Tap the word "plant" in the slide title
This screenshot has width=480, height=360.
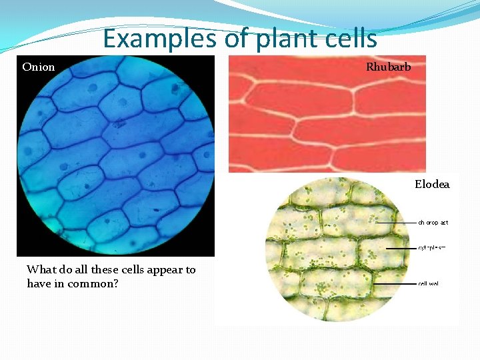(283, 39)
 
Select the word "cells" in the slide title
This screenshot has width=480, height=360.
(351, 39)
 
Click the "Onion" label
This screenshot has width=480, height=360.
(39, 67)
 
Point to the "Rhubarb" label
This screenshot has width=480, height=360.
(388, 67)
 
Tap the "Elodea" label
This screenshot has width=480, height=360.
(432, 184)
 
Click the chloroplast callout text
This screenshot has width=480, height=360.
(433, 223)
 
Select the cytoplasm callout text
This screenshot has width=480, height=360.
(432, 247)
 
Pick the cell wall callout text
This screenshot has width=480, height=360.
(429, 283)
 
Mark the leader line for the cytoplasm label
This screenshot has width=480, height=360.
(400, 248)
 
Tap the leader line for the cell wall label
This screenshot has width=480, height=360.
(393, 283)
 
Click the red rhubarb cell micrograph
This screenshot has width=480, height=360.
(327, 113)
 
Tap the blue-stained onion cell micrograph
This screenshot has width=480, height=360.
(115, 155)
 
